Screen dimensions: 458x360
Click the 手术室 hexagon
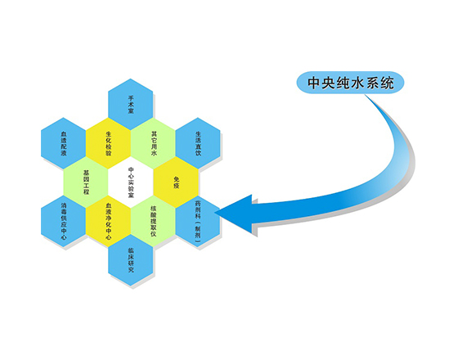click(131, 105)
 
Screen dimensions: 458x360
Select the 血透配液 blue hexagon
click(64, 143)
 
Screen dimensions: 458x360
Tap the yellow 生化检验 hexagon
click(108, 143)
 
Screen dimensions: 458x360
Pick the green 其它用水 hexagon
click(153, 143)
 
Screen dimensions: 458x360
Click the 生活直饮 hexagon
click(198, 143)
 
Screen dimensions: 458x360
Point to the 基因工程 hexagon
click(86, 182)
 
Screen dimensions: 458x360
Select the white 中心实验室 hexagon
click(131, 182)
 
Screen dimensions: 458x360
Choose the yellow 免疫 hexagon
click(176, 182)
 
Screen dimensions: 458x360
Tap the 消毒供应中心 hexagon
click(64, 221)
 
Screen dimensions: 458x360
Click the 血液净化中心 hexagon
click(108, 221)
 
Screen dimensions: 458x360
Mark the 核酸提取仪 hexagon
click(153, 221)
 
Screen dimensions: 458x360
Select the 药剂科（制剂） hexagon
click(198, 221)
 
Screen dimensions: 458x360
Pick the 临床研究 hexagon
click(131, 260)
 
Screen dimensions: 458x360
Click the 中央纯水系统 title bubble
click(350, 83)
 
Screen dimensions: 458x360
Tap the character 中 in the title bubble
click(314, 83)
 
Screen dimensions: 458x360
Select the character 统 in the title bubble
click(386, 83)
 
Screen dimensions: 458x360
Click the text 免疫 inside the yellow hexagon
click(176, 182)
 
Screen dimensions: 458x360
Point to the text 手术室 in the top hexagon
click(131, 105)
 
